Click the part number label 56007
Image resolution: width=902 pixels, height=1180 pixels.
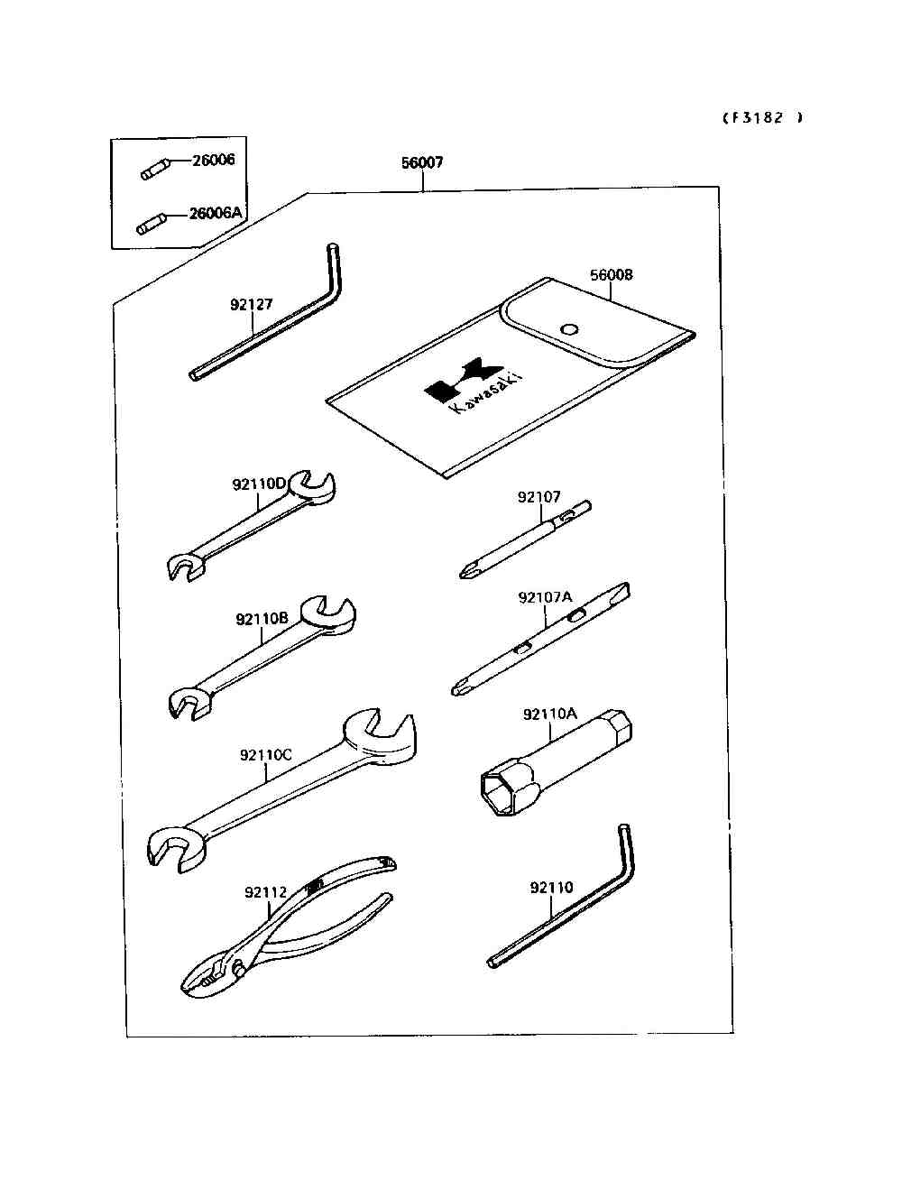[422, 163]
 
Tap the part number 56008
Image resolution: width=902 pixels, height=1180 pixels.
[612, 275]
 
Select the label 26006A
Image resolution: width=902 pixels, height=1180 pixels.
[216, 214]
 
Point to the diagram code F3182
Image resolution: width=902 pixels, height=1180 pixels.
[762, 117]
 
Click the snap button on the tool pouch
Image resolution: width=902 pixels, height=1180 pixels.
[568, 328]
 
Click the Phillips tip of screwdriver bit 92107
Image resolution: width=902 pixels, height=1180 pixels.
[466, 571]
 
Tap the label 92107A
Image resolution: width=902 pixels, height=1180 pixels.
[545, 597]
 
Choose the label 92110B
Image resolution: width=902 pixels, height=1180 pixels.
[262, 619]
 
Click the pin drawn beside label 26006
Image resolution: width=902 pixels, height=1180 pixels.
[154, 170]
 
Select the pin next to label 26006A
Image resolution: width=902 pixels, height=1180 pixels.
[151, 223]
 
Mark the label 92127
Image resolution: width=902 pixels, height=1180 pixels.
[251, 305]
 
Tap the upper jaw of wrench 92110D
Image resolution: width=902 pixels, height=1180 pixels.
[315, 486]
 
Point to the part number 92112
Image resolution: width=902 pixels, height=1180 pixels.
[265, 893]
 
